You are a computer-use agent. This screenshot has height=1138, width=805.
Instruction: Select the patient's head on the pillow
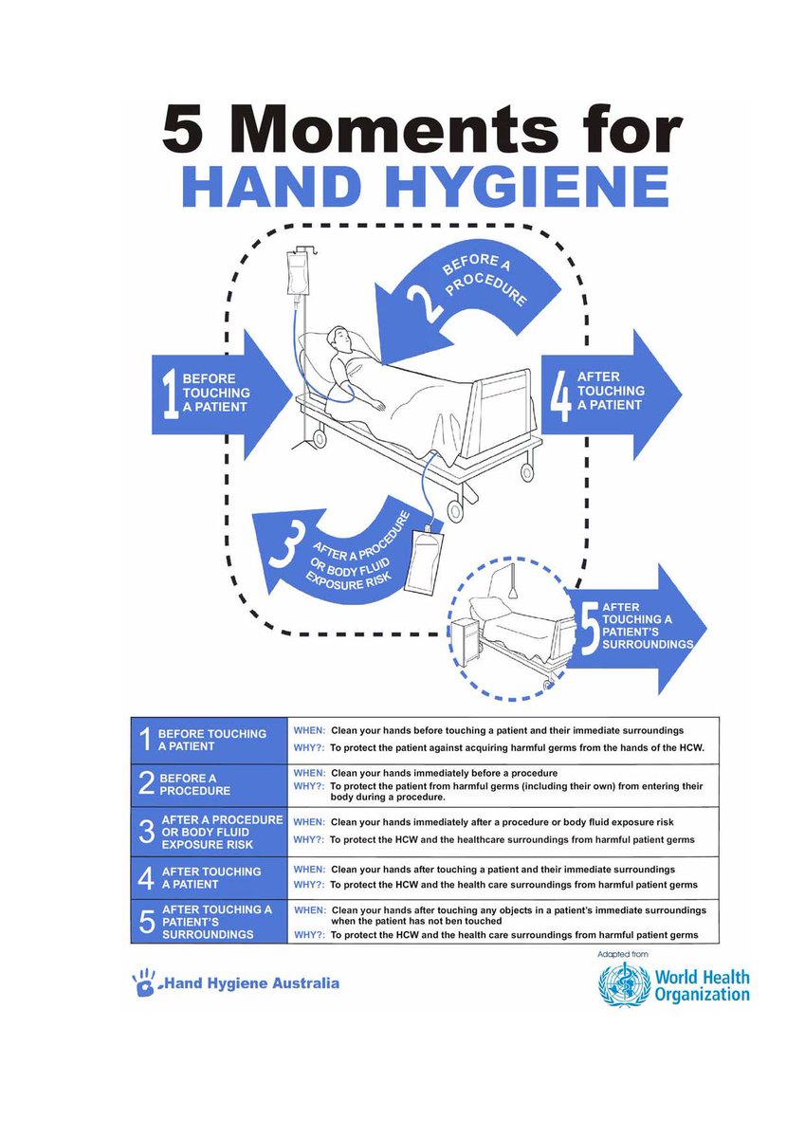338,339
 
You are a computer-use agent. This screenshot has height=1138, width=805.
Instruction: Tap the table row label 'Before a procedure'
193,783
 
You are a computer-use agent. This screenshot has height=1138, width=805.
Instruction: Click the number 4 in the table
145,877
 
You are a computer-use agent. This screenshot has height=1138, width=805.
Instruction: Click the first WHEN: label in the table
310,731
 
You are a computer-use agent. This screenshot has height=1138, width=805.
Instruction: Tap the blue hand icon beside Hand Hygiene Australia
143,983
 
